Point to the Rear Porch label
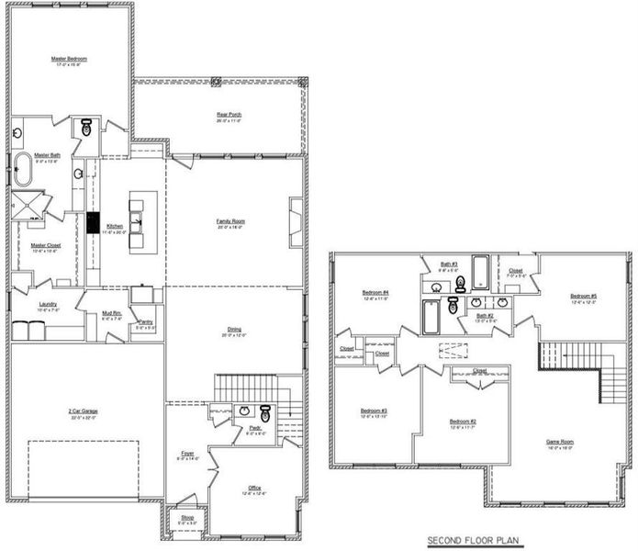point(229,115)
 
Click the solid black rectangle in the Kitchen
point(93,222)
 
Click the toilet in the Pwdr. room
point(264,412)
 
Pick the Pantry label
point(145,321)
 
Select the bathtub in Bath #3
point(481,272)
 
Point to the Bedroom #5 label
point(583,296)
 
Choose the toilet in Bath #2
point(453,307)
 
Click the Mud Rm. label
point(111,314)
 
